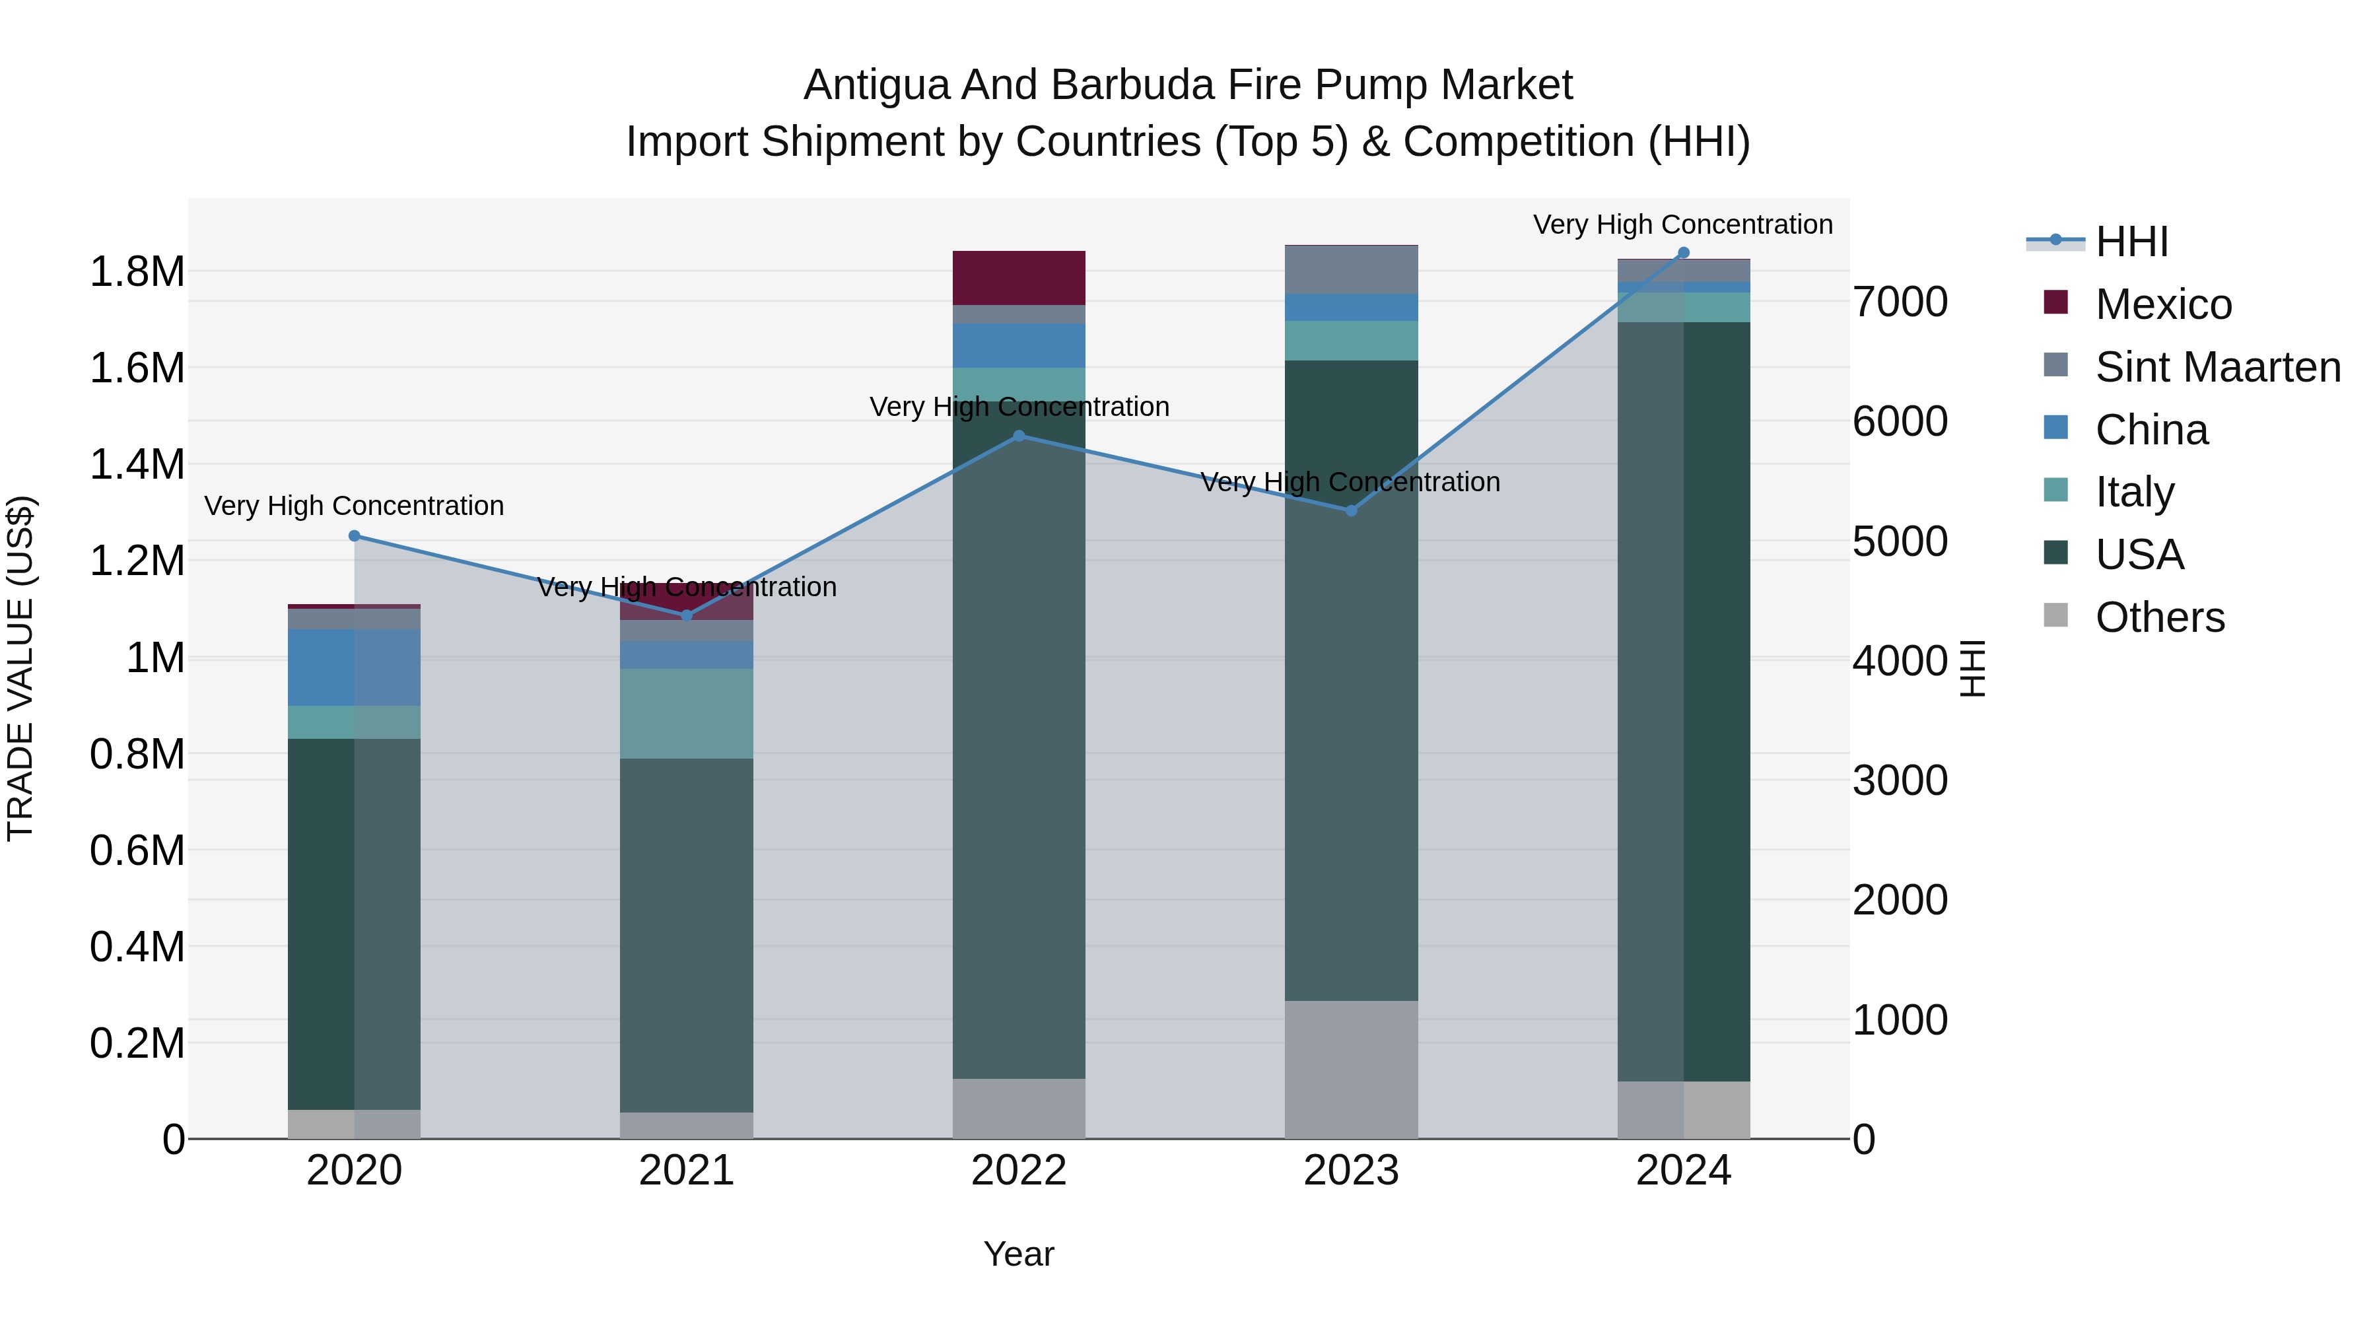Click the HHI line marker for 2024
tap(1683, 253)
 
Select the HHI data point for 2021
tap(687, 615)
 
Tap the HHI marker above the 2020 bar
tap(355, 536)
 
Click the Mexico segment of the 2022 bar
tap(1019, 278)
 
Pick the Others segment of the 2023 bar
tap(1351, 1070)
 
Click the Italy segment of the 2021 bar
tap(687, 713)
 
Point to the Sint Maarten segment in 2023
tap(1351, 269)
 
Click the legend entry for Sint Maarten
tap(2217, 367)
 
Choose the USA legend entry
tap(2139, 555)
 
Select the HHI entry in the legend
tap(2131, 242)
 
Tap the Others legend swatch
tap(2056, 615)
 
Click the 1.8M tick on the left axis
tap(137, 272)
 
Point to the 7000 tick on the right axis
tap(1901, 302)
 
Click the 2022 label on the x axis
tap(1019, 1171)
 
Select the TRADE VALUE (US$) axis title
tap(20, 668)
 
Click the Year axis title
tap(1019, 1254)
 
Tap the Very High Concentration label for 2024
tap(1683, 224)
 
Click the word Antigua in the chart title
tap(877, 85)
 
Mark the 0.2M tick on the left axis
tap(137, 1044)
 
